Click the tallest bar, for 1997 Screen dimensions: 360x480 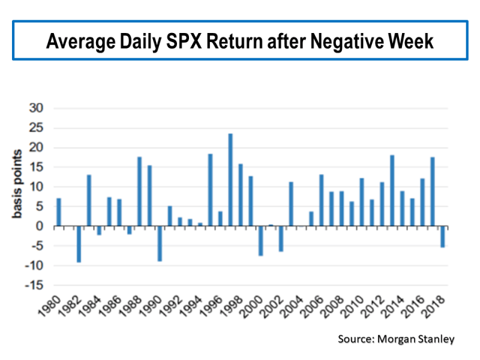click(230, 180)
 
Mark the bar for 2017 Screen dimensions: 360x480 click(433, 192)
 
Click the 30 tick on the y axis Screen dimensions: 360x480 click(37, 109)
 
